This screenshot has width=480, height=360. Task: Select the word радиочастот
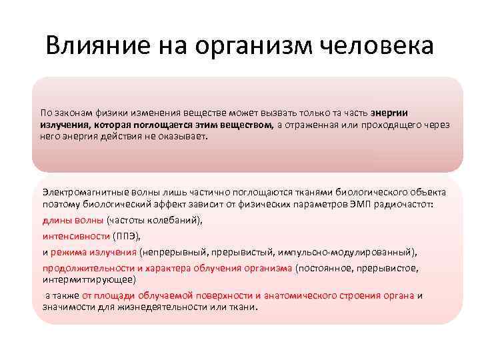[x=404, y=204]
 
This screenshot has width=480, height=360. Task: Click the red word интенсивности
[x=76, y=236]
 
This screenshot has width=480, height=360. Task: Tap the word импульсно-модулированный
[x=354, y=252]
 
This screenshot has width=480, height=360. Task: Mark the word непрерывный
[x=173, y=252]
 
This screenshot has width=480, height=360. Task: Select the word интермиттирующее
[x=87, y=279]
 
